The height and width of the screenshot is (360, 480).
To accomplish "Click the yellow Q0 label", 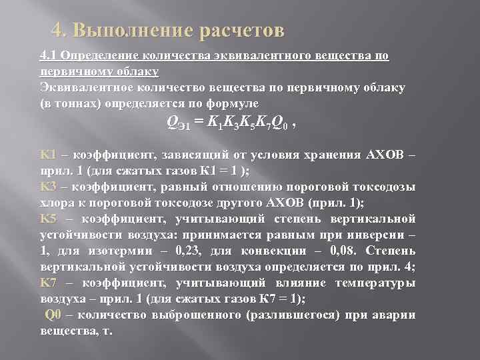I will click(53, 315).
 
